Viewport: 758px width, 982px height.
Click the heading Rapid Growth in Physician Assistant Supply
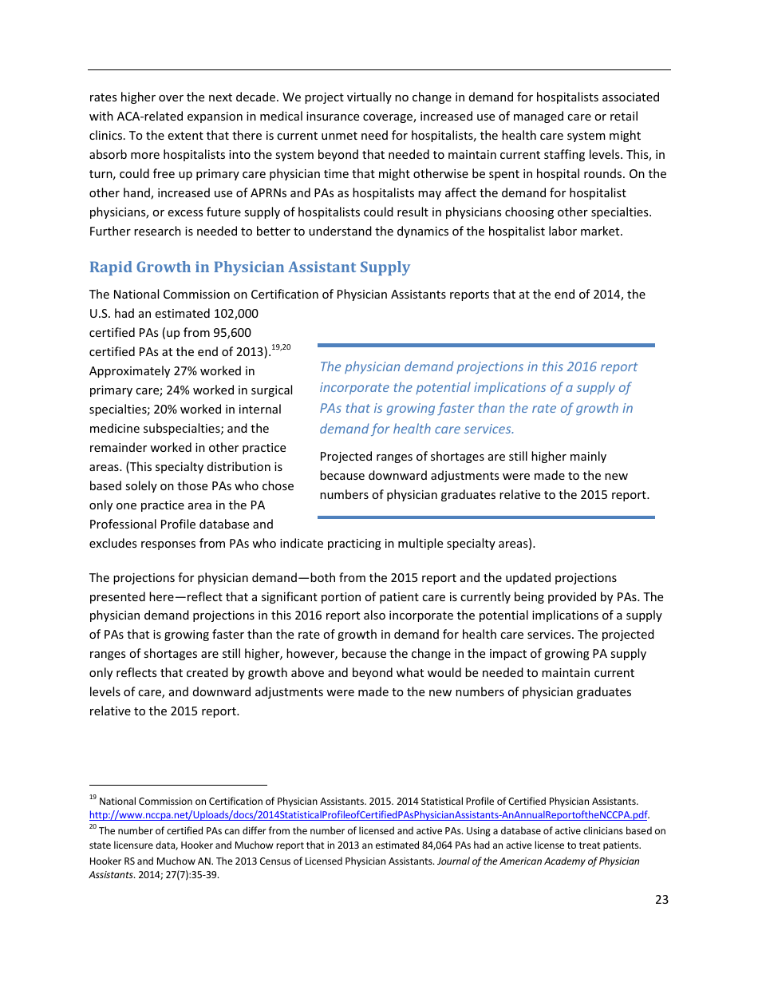(x=249, y=267)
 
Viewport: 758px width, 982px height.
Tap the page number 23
(x=661, y=900)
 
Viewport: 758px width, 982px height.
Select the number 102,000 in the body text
(x=236, y=314)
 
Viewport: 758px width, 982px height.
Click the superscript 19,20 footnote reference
(x=281, y=347)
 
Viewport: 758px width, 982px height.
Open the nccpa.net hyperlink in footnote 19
(x=368, y=815)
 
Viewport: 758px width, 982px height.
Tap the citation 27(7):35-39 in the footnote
(x=191, y=875)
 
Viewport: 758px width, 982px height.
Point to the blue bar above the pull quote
(x=486, y=345)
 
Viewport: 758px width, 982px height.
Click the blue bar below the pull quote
(x=486, y=517)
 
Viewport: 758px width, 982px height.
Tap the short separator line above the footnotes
(x=178, y=785)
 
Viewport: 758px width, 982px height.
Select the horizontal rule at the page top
(x=379, y=70)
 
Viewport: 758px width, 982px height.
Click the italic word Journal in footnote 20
(x=455, y=861)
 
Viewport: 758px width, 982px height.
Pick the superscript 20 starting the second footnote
(x=93, y=828)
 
